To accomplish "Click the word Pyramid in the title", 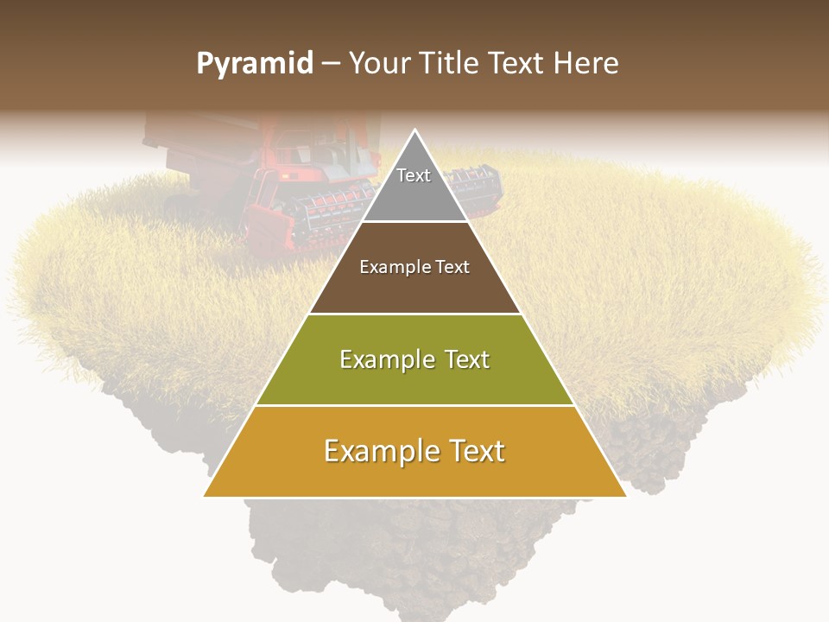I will click(x=255, y=64).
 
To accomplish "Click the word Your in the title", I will click(x=377, y=64).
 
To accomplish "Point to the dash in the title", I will click(x=331, y=65).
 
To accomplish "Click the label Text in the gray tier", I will click(x=414, y=175).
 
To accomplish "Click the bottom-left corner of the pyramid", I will click(x=205, y=496).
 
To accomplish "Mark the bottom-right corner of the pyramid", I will click(x=625, y=496).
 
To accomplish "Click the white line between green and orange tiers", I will click(x=414, y=405).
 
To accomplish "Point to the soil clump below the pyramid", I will click(x=414, y=553).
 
